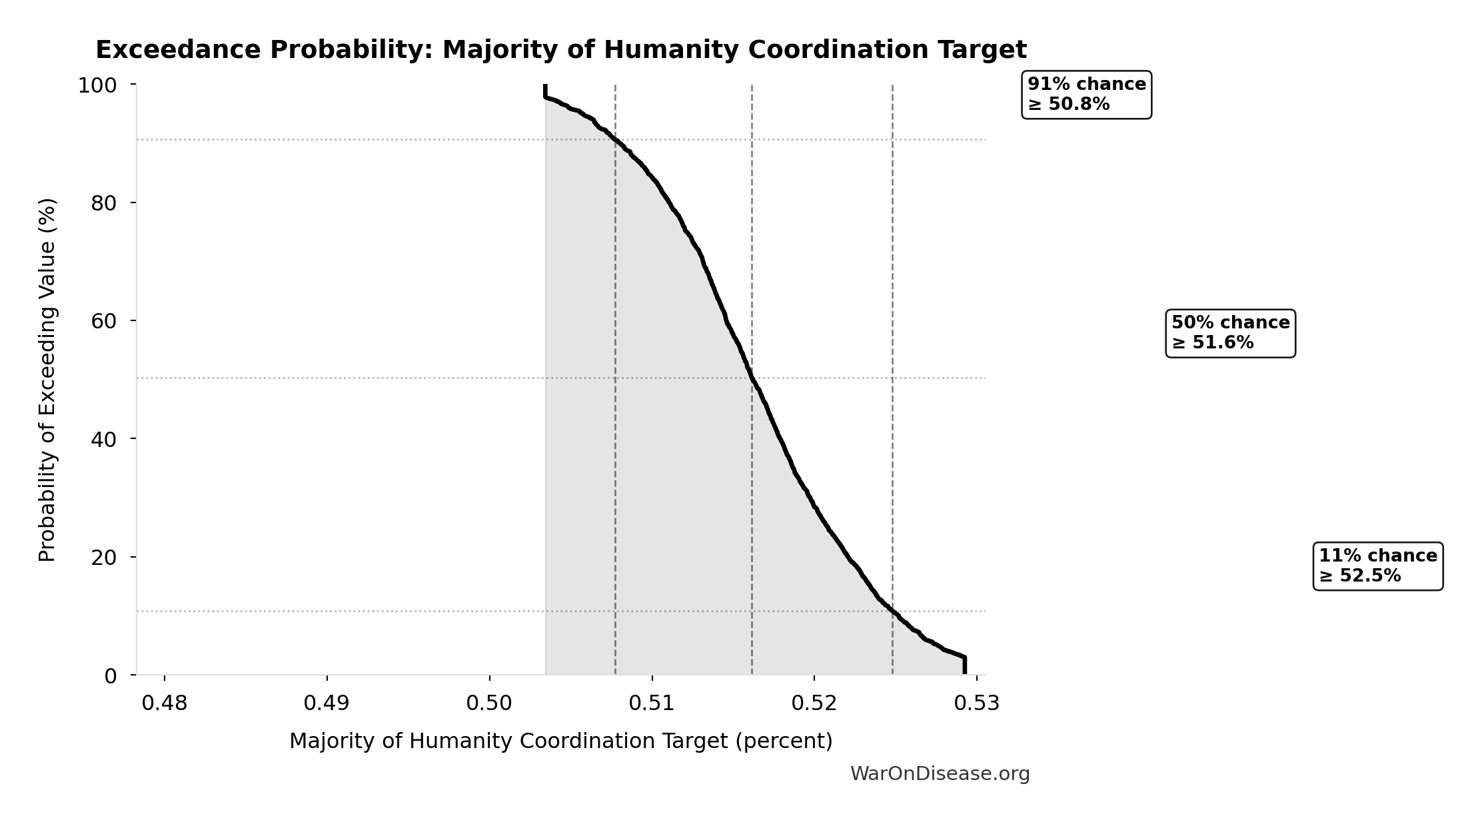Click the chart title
point(561,50)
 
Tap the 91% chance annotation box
point(1086,95)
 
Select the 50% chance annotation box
point(1230,333)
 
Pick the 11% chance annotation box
point(1377,566)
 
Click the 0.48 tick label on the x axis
point(165,703)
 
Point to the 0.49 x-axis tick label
point(327,703)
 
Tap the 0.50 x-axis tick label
point(489,703)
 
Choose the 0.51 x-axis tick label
point(652,703)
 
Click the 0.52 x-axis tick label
point(814,703)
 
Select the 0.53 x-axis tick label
point(976,703)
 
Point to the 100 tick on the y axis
point(97,85)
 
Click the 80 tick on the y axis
point(104,203)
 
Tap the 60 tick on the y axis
point(104,321)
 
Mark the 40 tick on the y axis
point(104,439)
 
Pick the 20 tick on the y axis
point(104,557)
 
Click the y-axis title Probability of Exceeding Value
point(47,380)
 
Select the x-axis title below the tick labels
point(561,741)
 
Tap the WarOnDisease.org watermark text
point(940,774)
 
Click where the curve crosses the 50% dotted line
point(752,378)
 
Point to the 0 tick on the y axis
point(111,675)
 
